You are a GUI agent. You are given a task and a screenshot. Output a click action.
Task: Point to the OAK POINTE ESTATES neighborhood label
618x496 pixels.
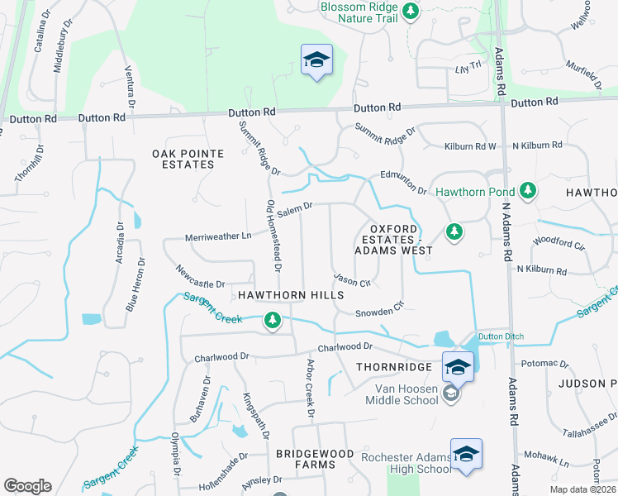click(x=183, y=159)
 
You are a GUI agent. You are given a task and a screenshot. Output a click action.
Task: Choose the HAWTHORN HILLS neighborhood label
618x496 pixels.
click(x=290, y=295)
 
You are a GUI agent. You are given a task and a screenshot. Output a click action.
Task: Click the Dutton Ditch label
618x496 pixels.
click(x=502, y=336)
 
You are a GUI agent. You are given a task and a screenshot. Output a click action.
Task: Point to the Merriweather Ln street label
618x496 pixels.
click(x=217, y=236)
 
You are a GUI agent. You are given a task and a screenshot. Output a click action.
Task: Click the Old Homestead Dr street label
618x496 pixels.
click(x=273, y=236)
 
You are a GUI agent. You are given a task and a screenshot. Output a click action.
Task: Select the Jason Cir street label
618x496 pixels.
click(x=351, y=281)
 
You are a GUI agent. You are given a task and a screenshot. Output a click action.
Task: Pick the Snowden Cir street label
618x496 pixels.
click(x=378, y=308)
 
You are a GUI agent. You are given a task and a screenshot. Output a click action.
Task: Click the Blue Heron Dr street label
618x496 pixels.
click(x=135, y=284)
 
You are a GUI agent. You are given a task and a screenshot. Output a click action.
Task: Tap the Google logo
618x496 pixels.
click(x=27, y=486)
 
